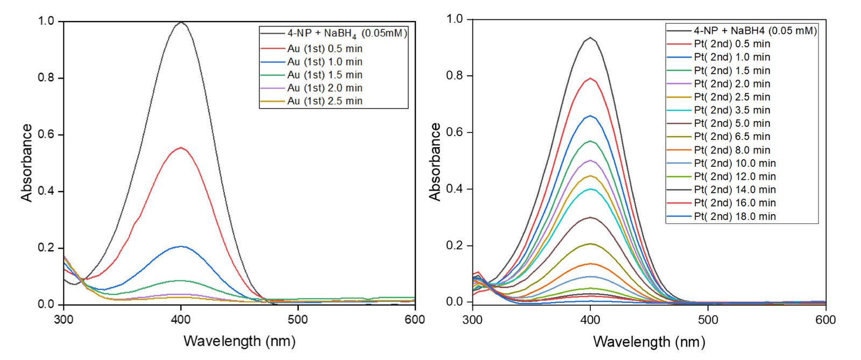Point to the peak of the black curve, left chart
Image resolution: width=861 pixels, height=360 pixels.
[x=181, y=23]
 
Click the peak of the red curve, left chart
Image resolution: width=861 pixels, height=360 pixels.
[x=181, y=147]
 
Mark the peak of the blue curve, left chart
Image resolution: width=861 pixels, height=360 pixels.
[x=181, y=246]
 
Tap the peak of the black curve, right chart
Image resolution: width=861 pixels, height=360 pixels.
[x=590, y=38]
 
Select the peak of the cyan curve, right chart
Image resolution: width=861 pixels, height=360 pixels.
[x=591, y=189]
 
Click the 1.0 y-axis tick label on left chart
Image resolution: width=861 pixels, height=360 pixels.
[x=46, y=21]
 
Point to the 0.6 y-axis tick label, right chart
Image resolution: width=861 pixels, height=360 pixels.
[x=455, y=132]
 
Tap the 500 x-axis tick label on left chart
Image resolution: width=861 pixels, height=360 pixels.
[x=298, y=320]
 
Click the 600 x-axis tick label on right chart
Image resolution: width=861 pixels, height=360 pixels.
[x=825, y=320]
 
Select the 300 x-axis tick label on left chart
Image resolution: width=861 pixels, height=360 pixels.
[x=64, y=320]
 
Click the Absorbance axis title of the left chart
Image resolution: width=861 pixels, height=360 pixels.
[x=27, y=163]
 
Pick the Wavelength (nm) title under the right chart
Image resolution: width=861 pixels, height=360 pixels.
[x=649, y=342]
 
